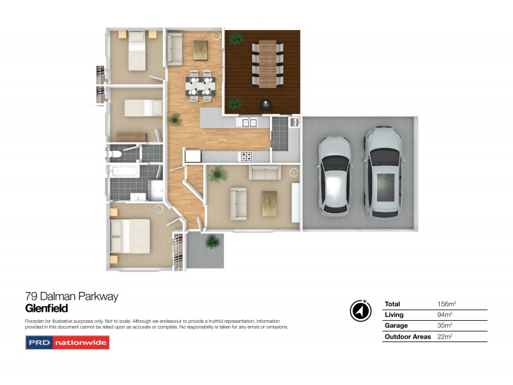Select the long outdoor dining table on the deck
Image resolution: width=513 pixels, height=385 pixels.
(267, 63)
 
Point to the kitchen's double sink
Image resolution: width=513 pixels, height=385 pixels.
(249, 123)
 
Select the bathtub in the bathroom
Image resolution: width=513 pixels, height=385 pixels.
(123, 172)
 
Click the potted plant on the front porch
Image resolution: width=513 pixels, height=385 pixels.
(212, 242)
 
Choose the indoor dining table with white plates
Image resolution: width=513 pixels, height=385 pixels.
(201, 86)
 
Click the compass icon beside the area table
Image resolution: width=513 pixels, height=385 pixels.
(360, 311)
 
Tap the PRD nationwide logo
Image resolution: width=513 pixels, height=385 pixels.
(67, 343)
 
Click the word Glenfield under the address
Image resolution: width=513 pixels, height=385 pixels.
(46, 309)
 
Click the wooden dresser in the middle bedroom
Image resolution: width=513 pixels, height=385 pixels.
(131, 136)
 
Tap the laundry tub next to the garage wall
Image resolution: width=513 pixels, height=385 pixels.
(294, 121)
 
